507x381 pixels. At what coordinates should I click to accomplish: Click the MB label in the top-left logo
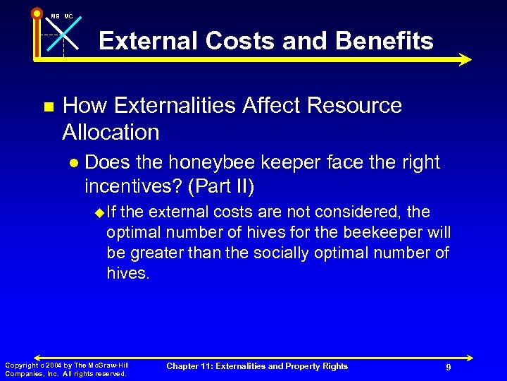pos(55,16)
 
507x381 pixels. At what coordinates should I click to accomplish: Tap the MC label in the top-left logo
pos(68,16)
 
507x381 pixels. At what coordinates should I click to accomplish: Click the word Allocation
pos(111,132)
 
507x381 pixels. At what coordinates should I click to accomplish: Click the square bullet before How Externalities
pos(49,107)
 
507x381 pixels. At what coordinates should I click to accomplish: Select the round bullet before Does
pos(74,163)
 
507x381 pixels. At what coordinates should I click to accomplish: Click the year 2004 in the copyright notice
pos(51,365)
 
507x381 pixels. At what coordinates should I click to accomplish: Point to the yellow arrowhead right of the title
pos(464,60)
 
